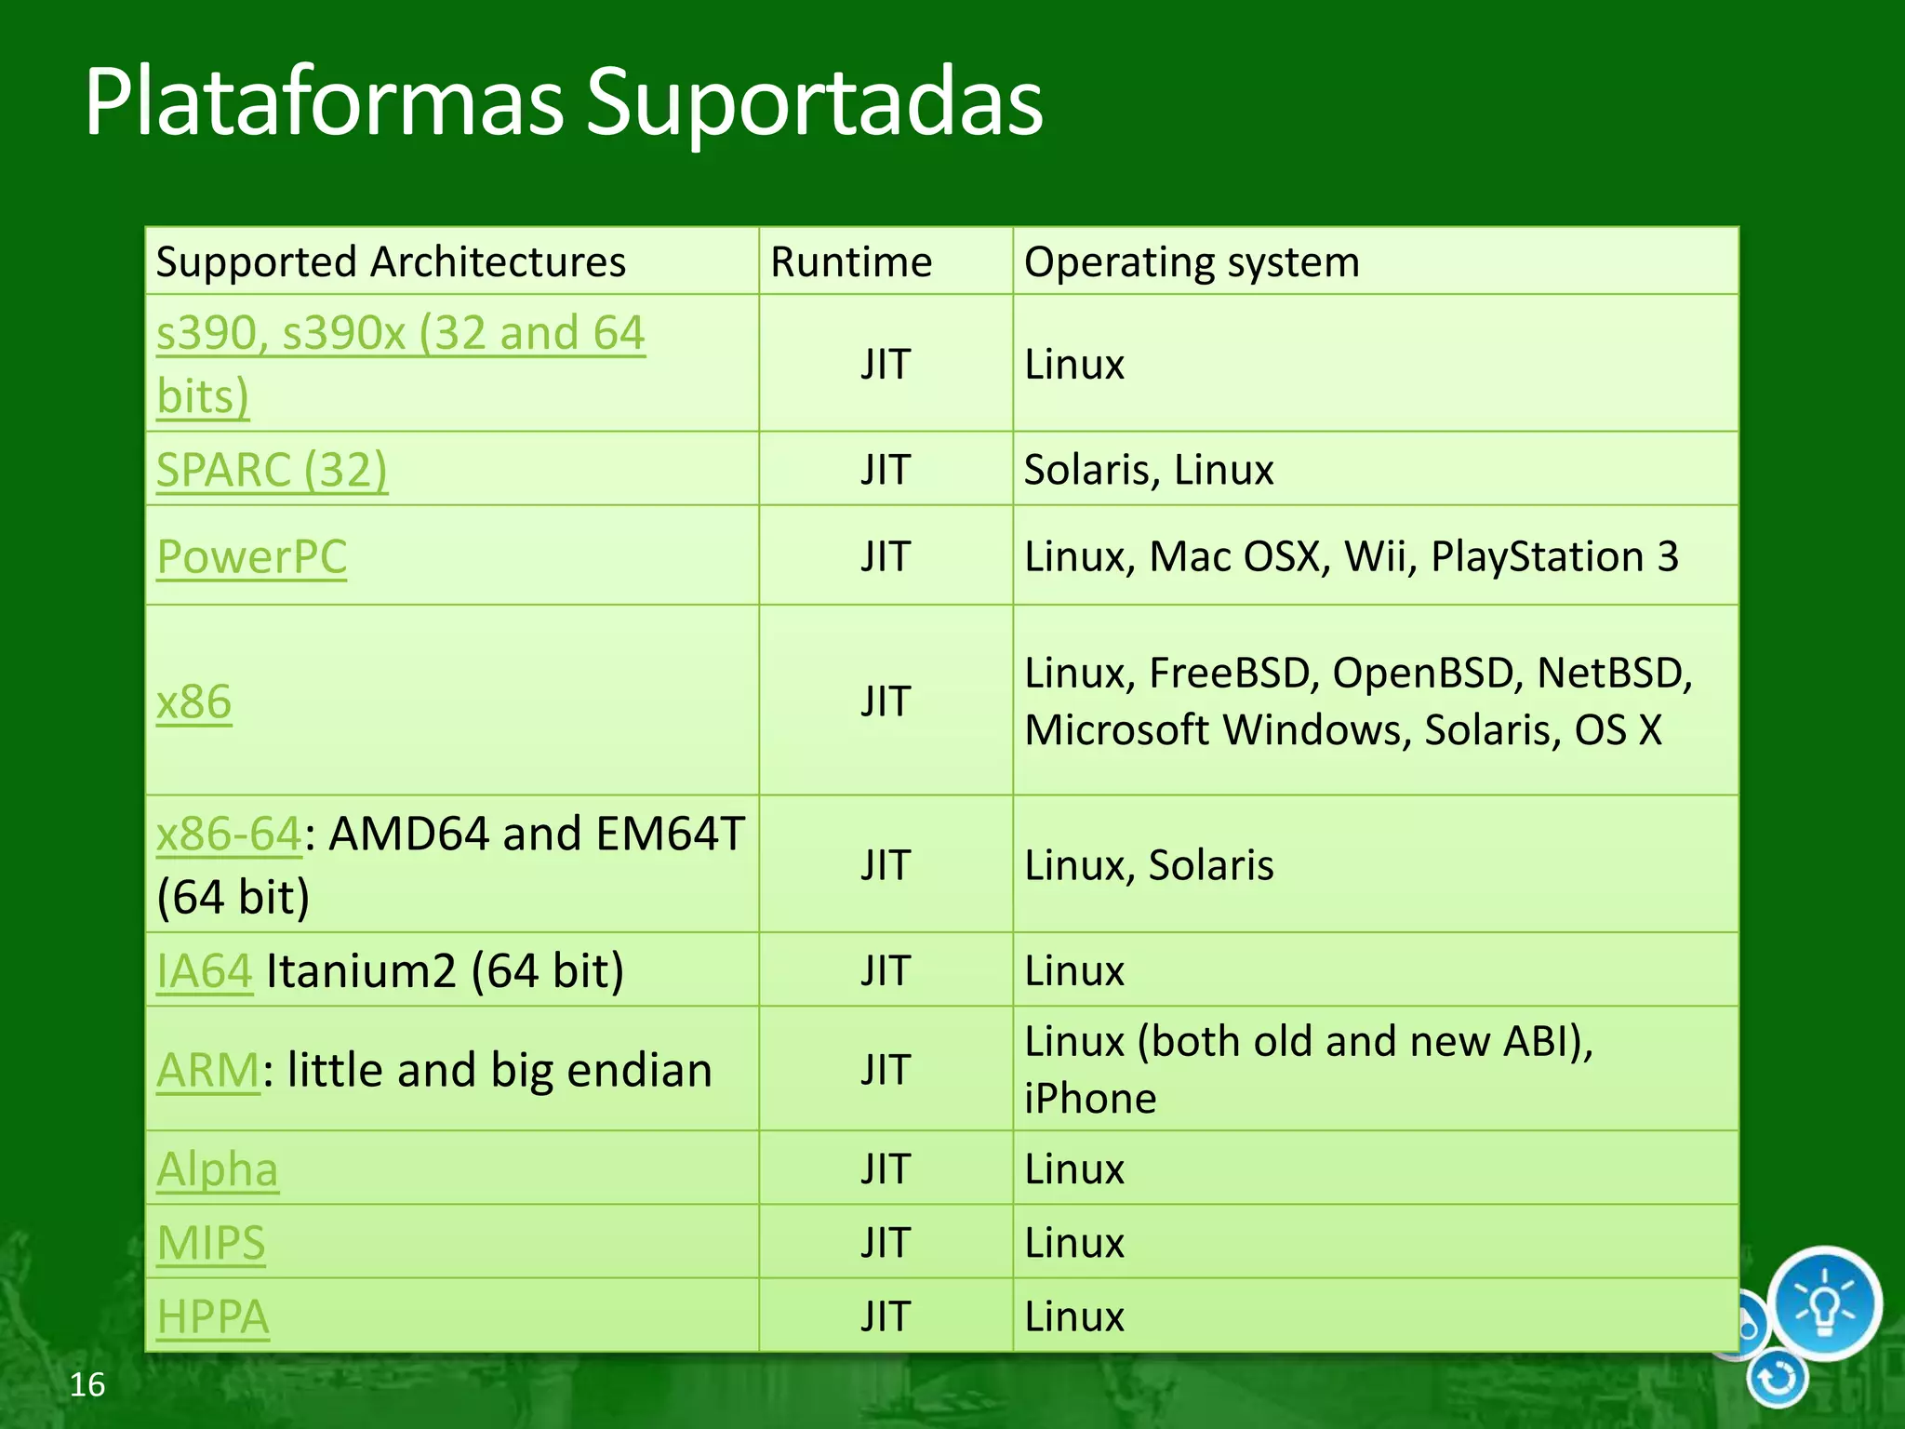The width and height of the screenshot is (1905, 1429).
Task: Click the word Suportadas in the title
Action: [x=814, y=102]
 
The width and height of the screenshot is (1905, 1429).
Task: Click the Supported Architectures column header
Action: [x=391, y=262]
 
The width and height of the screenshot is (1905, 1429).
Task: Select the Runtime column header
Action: [x=850, y=262]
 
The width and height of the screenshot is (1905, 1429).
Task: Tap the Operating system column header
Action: [x=1191, y=262]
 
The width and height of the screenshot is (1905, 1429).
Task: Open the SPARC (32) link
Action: [x=272, y=470]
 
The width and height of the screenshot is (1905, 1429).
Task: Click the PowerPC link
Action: [x=251, y=557]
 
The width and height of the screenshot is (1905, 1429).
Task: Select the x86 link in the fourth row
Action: [x=193, y=701]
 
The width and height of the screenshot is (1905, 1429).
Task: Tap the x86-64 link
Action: [x=229, y=834]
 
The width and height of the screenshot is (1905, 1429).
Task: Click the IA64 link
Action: [x=205, y=971]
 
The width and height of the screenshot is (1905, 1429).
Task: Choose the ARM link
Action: [x=208, y=1070]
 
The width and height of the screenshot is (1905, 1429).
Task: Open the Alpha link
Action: [x=218, y=1169]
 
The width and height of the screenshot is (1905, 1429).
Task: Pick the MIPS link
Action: [x=211, y=1243]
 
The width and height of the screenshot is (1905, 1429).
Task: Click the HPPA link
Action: [x=213, y=1316]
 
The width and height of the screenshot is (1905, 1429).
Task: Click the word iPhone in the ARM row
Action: [x=1090, y=1099]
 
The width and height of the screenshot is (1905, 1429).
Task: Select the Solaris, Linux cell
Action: [x=1149, y=470]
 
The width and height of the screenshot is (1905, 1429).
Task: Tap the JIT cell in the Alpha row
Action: [x=885, y=1169]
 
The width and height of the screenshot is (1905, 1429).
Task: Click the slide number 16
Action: [x=87, y=1384]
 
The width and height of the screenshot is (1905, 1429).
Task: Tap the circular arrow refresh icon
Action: [x=1778, y=1378]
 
